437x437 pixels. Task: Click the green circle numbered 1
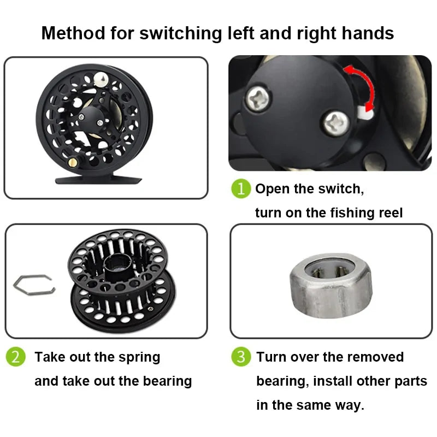tap(240, 189)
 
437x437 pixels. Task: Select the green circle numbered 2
tap(15, 357)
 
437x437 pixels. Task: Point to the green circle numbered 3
tap(240, 357)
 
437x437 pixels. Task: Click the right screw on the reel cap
tap(335, 122)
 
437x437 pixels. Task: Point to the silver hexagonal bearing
tap(330, 284)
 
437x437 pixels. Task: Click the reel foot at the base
tap(98, 179)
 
